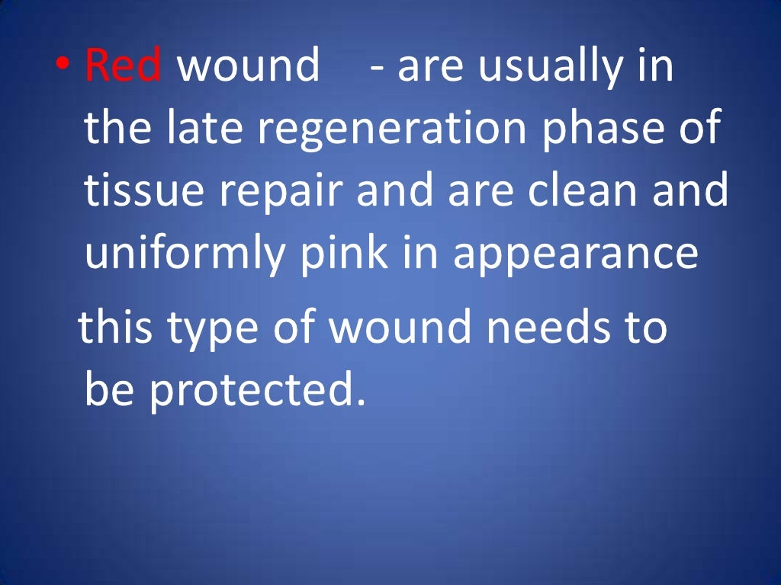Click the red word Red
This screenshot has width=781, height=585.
pos(123,66)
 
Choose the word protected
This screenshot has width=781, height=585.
pos(252,390)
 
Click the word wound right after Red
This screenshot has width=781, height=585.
pos(249,66)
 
